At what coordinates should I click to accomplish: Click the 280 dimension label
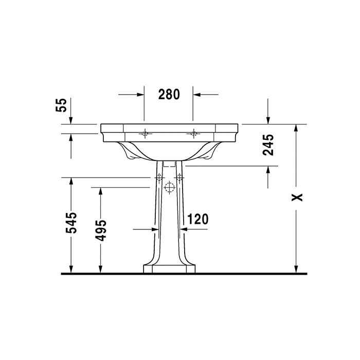click(168, 94)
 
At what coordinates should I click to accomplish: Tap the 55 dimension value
click(61, 105)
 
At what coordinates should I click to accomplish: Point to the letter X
click(297, 197)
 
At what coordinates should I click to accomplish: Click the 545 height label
click(73, 222)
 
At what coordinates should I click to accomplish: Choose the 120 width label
click(197, 220)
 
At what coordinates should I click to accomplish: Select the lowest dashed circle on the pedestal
click(169, 188)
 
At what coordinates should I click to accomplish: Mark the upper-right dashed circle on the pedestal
click(179, 177)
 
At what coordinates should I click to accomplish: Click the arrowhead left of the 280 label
click(139, 95)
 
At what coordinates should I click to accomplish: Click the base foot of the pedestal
click(169, 268)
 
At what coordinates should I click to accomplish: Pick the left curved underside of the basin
click(129, 152)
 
